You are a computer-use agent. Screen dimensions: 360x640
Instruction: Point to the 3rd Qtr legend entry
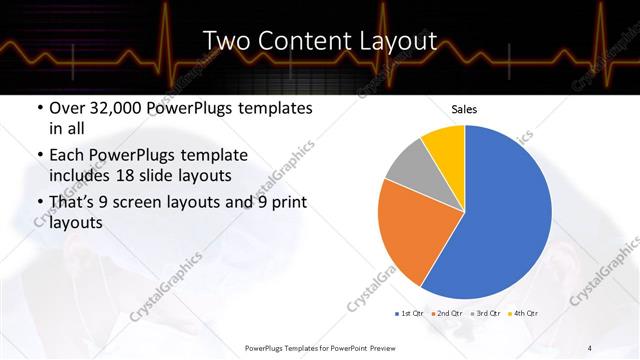pyautogui.click(x=486, y=314)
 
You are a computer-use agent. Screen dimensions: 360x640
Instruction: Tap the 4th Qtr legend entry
pyautogui.click(x=524, y=314)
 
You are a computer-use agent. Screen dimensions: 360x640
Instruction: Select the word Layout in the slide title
pyautogui.click(x=398, y=41)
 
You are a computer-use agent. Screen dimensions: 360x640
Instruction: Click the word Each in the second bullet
pyautogui.click(x=67, y=155)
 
